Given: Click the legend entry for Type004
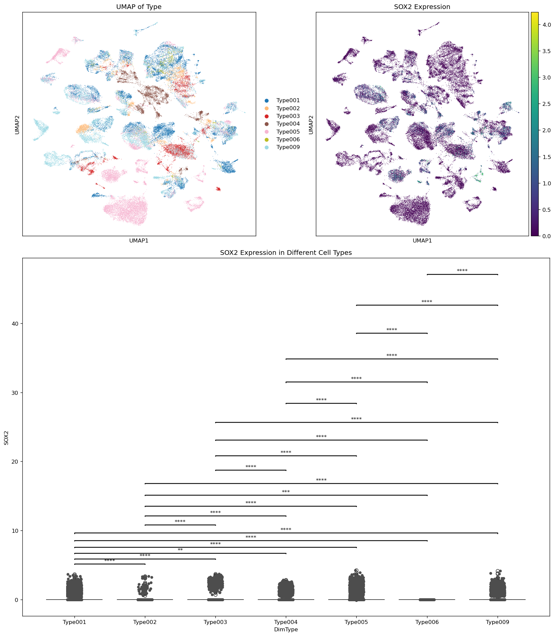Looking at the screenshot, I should coord(288,124).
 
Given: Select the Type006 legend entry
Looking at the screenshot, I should coord(288,140).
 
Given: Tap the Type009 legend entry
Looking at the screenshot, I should coord(288,147).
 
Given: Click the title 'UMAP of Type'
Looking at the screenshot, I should coord(139,7).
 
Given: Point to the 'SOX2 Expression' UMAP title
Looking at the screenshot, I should coord(422,7).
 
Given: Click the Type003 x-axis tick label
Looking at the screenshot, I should coord(215,622).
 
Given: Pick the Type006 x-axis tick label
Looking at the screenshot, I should coord(427,622).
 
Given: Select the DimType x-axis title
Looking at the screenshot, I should coord(286,630).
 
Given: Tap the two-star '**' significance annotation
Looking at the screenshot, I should coord(180,550).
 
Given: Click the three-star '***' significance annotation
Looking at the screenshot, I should coord(286,492).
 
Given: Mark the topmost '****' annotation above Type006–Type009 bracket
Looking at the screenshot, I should coord(462,271).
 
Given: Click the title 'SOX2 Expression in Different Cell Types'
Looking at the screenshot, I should coord(286,253).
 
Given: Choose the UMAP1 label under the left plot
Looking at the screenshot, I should coord(139,241).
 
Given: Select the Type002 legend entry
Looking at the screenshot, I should coord(288,108).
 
